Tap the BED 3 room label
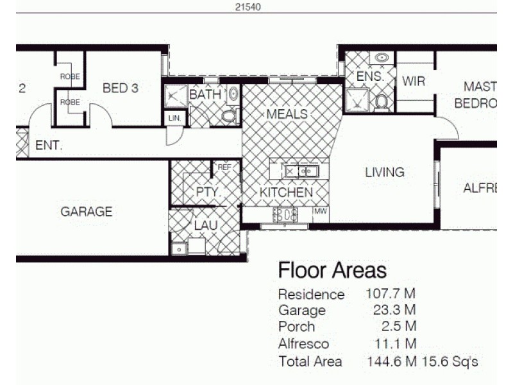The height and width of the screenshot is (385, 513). [x=121, y=89]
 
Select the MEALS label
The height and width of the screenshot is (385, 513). [x=287, y=114]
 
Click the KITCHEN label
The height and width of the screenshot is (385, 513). [x=286, y=193]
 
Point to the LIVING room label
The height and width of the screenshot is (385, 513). [x=385, y=172]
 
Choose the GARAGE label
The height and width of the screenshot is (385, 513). [x=87, y=211]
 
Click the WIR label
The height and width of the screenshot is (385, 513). [x=414, y=81]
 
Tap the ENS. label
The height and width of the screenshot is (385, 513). [x=369, y=76]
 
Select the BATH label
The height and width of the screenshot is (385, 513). [x=205, y=95]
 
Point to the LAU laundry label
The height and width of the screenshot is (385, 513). [x=206, y=226]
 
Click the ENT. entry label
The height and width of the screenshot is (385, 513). [x=49, y=146]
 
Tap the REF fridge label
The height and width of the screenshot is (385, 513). [x=224, y=167]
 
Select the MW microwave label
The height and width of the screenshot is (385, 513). [x=320, y=210]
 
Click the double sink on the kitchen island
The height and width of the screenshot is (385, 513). [x=301, y=171]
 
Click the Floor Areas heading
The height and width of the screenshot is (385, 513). [x=332, y=270]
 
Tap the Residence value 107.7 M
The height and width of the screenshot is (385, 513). [x=391, y=295]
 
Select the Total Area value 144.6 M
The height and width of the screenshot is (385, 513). [x=391, y=361]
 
